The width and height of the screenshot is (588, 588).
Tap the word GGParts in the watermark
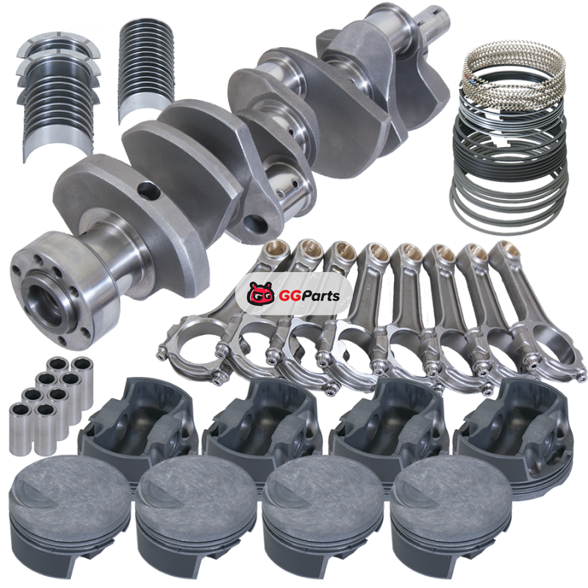(309, 296)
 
